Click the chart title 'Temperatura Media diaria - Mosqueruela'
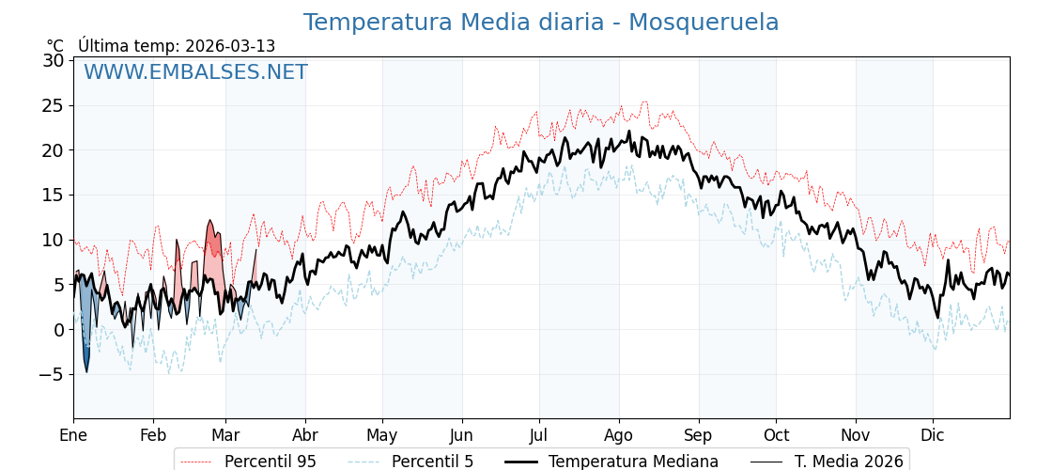pyautogui.click(x=540, y=23)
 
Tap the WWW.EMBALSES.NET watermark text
pyautogui.click(x=195, y=72)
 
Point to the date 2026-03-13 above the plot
pyautogui.click(x=230, y=46)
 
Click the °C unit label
pyautogui.click(x=55, y=46)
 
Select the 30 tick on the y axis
pyautogui.click(x=54, y=60)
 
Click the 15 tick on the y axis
pyautogui.click(x=54, y=195)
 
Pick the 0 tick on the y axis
pyautogui.click(x=58, y=329)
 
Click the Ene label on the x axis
pyautogui.click(x=73, y=435)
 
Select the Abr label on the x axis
pyautogui.click(x=305, y=435)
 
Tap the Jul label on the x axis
pyautogui.click(x=539, y=435)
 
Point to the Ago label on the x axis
pyautogui.click(x=619, y=435)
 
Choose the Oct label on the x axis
pyautogui.click(x=776, y=435)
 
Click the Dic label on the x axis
pyautogui.click(x=933, y=435)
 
